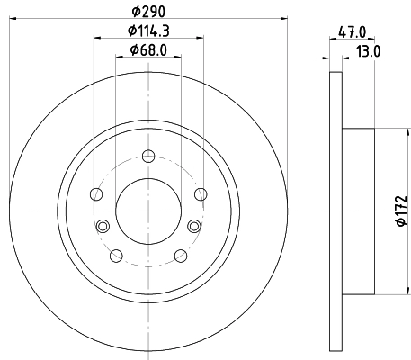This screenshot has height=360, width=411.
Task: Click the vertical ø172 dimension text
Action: click(399, 210)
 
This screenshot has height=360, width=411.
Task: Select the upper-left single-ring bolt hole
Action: click(95, 193)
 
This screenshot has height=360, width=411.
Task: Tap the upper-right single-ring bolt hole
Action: click(200, 193)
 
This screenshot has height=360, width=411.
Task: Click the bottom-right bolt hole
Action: click(180, 255)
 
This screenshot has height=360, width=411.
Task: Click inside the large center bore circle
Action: click(147, 210)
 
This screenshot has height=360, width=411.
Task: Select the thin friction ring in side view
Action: click(336, 210)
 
